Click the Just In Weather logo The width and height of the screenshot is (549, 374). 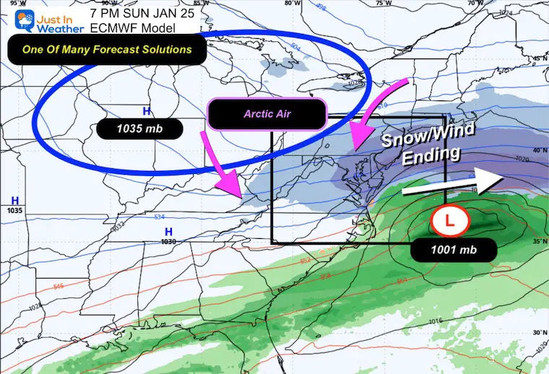point(35,17)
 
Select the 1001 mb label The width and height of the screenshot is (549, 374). point(454,250)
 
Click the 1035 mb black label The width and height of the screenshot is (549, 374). point(138,130)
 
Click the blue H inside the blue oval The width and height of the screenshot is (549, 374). point(147,111)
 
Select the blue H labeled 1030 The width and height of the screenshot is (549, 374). point(168,231)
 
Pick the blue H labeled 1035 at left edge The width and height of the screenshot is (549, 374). point(14,200)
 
